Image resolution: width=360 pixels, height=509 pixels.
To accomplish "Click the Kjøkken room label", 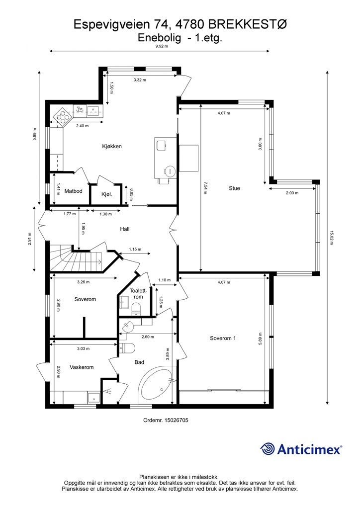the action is click(x=112, y=147).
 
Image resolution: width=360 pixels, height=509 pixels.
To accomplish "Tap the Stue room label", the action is click(x=234, y=188).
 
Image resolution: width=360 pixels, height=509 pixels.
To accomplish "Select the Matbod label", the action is click(x=74, y=191).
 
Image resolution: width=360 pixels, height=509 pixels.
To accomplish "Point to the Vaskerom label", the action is click(x=82, y=367).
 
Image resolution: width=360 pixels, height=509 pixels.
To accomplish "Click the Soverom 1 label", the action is click(x=223, y=338).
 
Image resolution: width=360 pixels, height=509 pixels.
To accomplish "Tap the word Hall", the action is click(x=125, y=229).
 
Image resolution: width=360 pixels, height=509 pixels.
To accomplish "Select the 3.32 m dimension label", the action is click(x=140, y=80).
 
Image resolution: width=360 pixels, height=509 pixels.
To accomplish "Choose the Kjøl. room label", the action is click(x=107, y=194).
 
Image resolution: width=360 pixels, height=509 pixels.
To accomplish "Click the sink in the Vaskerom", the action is click(x=94, y=397).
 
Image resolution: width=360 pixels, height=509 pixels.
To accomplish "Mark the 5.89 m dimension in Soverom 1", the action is click(x=260, y=339).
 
